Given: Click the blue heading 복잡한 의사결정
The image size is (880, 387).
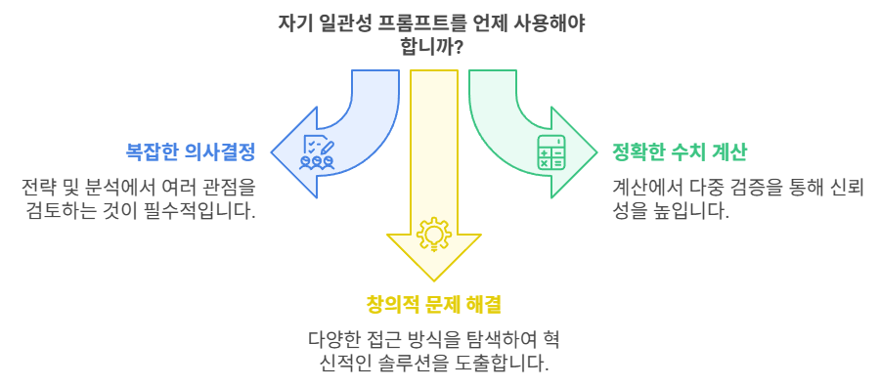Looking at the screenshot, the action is [x=191, y=152].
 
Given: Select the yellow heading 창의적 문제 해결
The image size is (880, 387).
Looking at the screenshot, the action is [x=433, y=305].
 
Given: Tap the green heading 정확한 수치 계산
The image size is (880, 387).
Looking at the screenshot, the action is [x=680, y=152].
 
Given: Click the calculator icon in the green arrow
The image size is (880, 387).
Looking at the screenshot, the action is [x=550, y=152].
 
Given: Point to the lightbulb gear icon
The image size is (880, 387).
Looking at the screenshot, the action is [x=433, y=236].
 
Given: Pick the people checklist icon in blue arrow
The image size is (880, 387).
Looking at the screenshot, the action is [x=317, y=152].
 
